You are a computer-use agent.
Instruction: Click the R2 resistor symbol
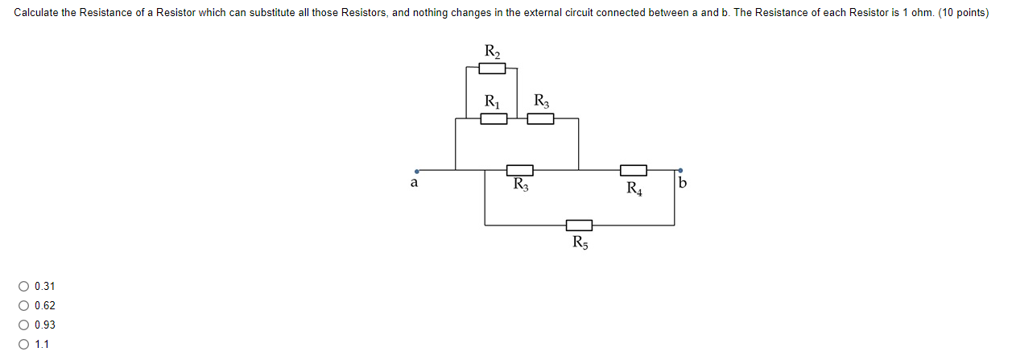492,68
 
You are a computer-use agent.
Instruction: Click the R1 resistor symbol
494,119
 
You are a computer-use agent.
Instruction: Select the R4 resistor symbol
634,170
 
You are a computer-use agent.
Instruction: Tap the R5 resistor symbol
579,225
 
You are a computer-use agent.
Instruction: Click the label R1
491,101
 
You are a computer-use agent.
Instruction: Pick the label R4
634,189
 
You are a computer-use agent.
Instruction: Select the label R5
580,243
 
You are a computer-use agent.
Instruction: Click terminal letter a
415,184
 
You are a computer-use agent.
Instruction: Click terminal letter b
683,184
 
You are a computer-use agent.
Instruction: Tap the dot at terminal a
416,171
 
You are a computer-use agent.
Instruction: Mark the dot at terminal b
680,170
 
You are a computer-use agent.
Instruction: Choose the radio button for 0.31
25,287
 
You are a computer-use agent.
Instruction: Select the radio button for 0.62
25,306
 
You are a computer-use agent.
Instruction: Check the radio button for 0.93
25,325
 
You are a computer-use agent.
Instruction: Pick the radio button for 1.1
25,345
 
